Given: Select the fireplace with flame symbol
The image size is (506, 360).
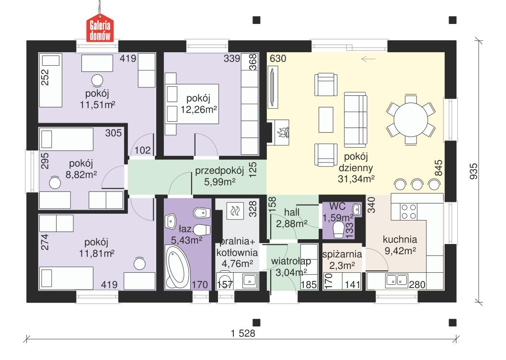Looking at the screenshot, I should tap(280, 131).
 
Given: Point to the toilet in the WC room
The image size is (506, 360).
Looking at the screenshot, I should tap(339, 229).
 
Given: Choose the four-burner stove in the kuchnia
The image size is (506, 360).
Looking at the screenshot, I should tap(408, 212).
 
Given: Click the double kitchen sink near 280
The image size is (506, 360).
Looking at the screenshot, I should tap(396, 280).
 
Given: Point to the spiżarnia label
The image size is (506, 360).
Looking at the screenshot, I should tap(341, 254).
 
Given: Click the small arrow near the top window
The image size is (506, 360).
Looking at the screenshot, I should tap(368, 59).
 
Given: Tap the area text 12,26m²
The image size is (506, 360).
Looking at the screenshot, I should tap(199, 109).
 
